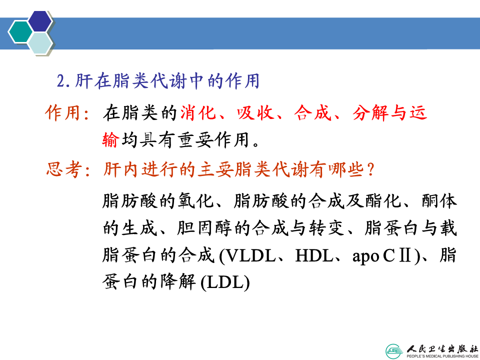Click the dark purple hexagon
pos(40,21)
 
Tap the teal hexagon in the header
pos(20,31)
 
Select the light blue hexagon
pos(40,43)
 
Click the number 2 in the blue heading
pos(61,81)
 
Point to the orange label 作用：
pos(67,112)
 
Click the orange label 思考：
pos(68,169)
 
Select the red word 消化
pos(198,112)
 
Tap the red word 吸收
pos(255,112)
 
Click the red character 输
pos(110,140)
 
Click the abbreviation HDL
pos(313,255)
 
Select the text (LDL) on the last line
pos(225,282)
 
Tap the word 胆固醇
pos(204,228)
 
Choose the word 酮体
pos(439,201)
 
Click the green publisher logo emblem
pos(395,351)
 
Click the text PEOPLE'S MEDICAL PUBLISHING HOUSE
pos(442,356)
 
